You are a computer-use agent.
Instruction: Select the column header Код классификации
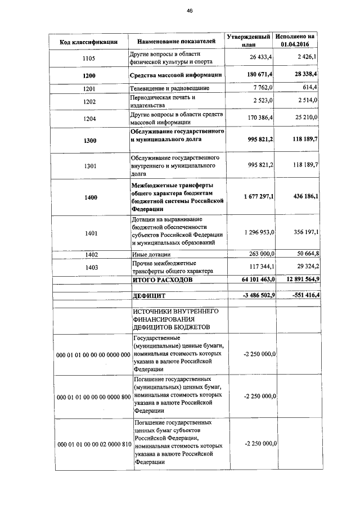pyautogui.click(x=89, y=41)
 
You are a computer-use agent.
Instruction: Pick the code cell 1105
pyautogui.click(x=89, y=58)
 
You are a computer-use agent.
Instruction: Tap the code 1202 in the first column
pyautogui.click(x=89, y=101)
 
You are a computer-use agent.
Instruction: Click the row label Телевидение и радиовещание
pyautogui.click(x=170, y=88)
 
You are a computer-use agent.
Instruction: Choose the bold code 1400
pyautogui.click(x=89, y=196)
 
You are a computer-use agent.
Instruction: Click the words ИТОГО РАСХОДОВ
pyautogui.click(x=162, y=280)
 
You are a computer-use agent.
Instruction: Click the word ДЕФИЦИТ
pyautogui.click(x=148, y=295)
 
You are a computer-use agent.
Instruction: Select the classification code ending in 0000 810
pyautogui.click(x=93, y=444)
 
